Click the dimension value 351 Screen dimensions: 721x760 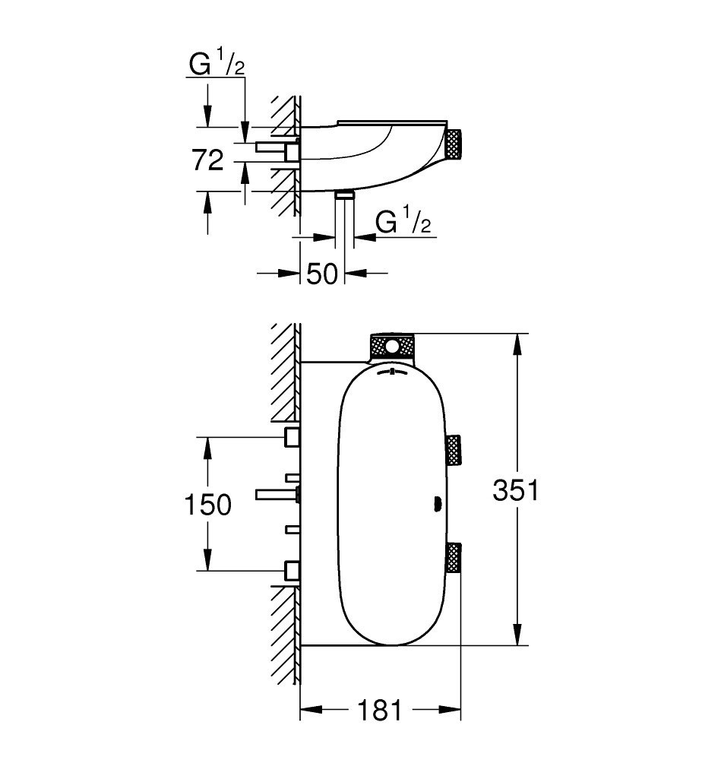[516, 489]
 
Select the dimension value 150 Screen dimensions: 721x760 [208, 504]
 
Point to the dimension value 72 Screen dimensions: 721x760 [208, 160]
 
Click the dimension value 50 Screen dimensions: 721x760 [322, 274]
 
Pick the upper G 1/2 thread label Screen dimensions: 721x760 [217, 64]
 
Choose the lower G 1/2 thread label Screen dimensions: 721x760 [403, 220]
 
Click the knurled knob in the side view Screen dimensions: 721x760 [454, 144]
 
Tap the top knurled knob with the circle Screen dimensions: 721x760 [392, 347]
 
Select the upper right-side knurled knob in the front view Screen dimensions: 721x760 [454, 450]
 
